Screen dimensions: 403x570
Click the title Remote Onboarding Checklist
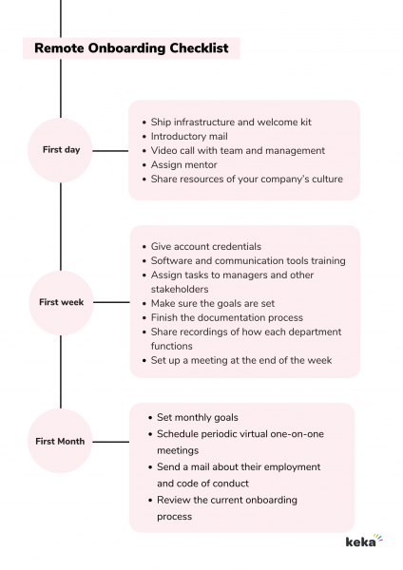[131, 48]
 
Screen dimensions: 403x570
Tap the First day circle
[61, 150]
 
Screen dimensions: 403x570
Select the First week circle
[61, 303]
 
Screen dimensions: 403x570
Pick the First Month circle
[60, 441]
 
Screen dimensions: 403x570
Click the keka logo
[364, 541]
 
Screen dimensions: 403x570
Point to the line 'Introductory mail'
[189, 136]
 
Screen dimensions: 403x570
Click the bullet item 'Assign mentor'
[183, 165]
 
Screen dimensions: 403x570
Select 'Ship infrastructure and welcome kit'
[231, 123]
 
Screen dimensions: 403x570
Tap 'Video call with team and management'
[238, 150]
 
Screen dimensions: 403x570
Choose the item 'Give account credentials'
[206, 246]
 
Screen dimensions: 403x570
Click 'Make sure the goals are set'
[213, 304]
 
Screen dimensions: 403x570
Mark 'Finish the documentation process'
[226, 317]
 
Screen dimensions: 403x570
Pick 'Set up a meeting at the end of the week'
[241, 360]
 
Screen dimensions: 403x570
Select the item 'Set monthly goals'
[198, 417]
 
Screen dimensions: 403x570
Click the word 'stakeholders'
[180, 290]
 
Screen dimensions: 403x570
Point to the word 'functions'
[172, 346]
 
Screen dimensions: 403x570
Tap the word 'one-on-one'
[297, 434]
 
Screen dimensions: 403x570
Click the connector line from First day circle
[110, 150]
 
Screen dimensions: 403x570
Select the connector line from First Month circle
[111, 442]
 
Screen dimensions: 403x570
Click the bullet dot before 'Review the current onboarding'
[150, 501]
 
